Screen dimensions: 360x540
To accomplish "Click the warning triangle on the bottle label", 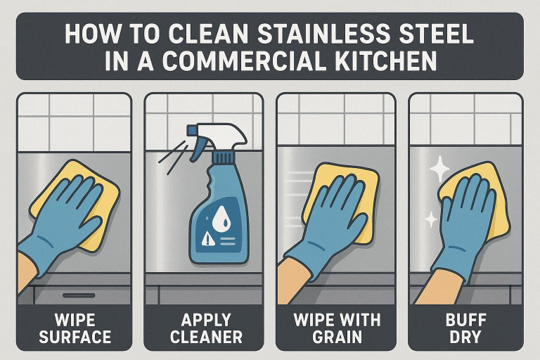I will [x=208, y=239].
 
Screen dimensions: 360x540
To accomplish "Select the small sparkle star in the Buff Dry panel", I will [x=430, y=219].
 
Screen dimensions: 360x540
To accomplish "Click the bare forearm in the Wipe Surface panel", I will [x=24, y=271].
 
